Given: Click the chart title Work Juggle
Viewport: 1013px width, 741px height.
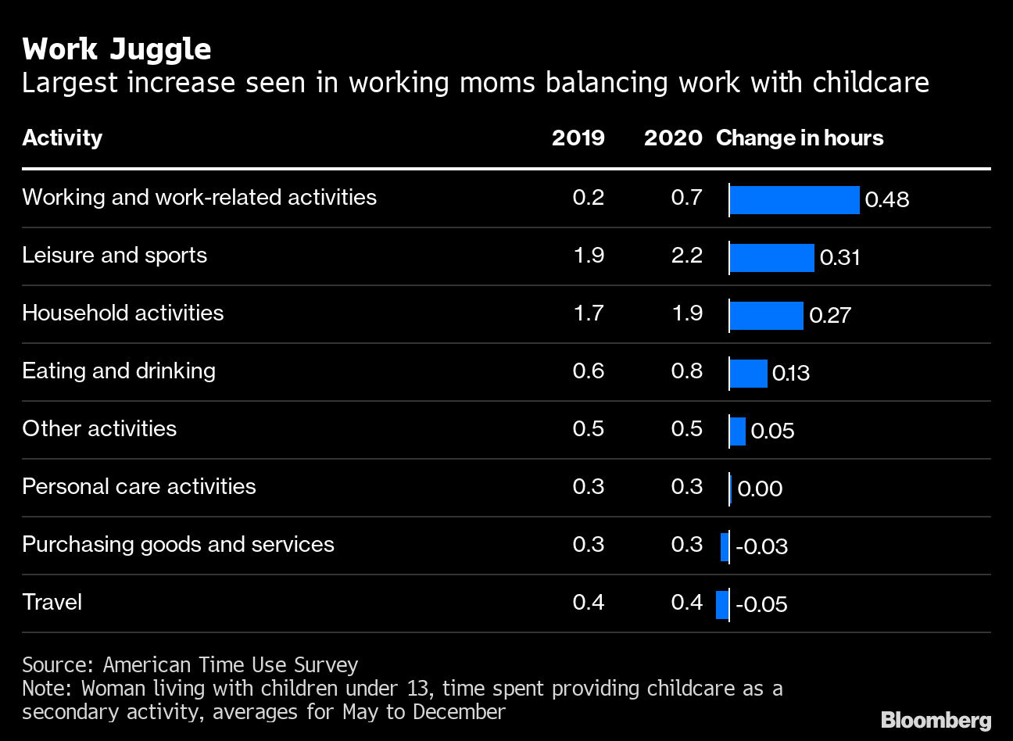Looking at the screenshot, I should [116, 49].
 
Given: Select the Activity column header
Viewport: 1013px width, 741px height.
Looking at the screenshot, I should [62, 138].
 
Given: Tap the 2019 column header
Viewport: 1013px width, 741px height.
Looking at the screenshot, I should [578, 138].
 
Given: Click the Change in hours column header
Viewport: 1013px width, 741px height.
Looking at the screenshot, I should [800, 138].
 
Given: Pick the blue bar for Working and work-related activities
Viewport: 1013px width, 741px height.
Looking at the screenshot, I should [794, 200].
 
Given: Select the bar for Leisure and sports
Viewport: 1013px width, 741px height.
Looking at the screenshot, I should [771, 258].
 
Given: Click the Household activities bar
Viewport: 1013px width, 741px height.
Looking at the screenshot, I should [766, 316].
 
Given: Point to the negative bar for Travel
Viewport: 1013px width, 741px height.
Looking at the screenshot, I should [722, 604].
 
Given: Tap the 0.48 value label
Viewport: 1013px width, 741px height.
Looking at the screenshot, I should [887, 200].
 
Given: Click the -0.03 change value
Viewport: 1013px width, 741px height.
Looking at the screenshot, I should [761, 546].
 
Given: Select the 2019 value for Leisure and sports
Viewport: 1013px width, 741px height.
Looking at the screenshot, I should [588, 256].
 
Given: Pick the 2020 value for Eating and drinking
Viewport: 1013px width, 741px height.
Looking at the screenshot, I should [686, 370].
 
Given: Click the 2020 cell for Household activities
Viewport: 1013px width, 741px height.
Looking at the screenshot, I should [686, 313].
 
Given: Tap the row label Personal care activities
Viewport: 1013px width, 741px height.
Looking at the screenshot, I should [139, 486].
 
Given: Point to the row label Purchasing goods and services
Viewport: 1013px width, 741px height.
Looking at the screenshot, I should [178, 544].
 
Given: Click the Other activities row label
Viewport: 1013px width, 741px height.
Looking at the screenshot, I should [99, 428].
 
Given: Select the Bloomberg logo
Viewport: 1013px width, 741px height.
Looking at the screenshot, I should [936, 720].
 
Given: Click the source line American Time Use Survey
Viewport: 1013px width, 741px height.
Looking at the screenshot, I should [190, 664].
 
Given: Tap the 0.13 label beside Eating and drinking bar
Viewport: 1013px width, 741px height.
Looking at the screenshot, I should [791, 374].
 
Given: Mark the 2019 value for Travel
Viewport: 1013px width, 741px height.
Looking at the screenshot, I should [588, 602].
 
